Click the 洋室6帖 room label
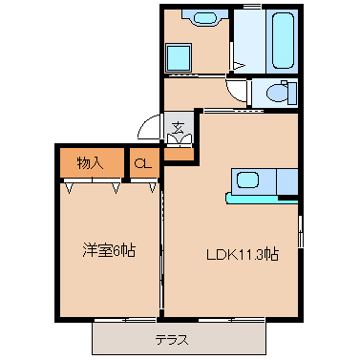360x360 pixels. click(109, 251)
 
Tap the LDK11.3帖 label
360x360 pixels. click(243, 254)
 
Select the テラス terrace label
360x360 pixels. click(172, 340)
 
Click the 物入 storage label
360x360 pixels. click(90, 163)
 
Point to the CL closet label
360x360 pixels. click(142, 163)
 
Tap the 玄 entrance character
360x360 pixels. click(179, 128)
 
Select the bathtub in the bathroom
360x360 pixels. click(283, 40)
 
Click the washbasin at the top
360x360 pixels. click(205, 18)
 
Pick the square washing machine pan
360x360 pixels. click(179, 57)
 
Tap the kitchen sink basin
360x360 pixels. click(248, 180)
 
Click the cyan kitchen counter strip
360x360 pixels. click(262, 199)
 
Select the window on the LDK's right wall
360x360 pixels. click(301, 231)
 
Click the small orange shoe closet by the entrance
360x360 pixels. click(180, 155)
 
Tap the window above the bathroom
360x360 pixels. click(252, 7)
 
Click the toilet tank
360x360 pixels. click(292, 93)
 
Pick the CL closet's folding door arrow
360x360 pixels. click(153, 188)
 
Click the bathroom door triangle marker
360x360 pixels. click(239, 66)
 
